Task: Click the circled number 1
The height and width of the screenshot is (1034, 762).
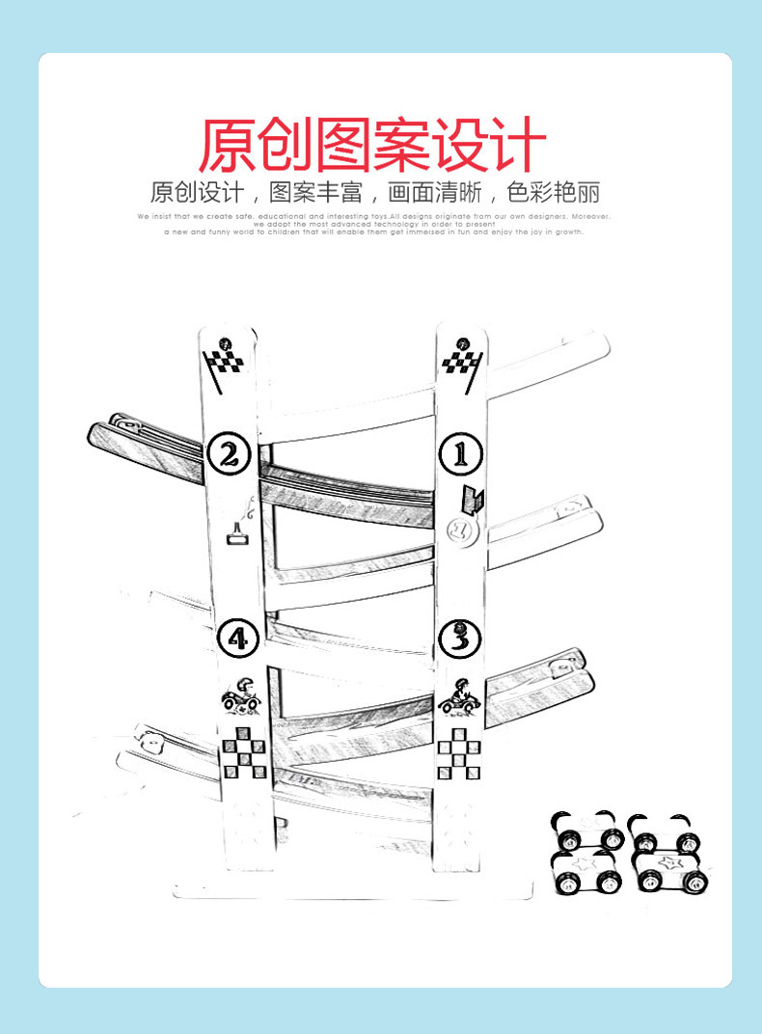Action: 460,452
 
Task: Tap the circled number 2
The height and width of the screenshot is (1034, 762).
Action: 229,453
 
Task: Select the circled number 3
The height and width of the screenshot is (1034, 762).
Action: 460,637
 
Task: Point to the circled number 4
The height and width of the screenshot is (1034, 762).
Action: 237,637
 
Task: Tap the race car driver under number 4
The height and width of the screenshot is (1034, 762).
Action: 239,694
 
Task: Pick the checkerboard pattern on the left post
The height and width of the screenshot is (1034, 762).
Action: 244,752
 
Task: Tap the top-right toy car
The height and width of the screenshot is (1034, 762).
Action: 664,832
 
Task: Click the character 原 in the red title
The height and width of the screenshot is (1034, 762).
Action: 228,144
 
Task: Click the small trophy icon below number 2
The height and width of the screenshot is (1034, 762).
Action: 236,533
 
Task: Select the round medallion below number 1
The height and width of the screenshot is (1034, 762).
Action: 460,529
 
